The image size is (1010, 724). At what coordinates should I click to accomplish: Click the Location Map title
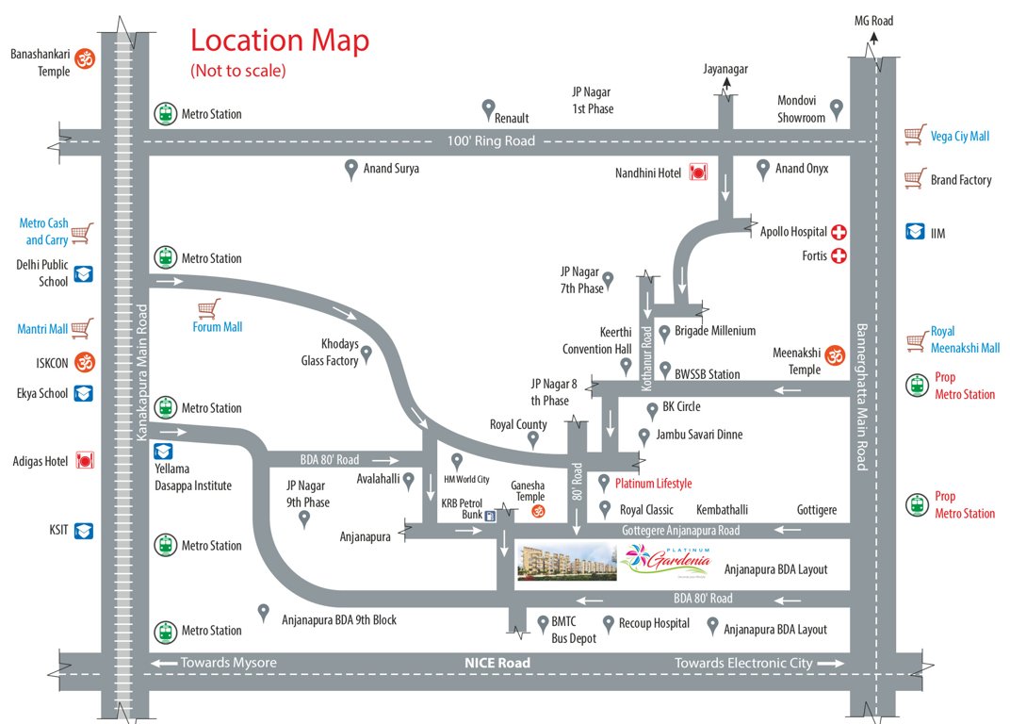(x=280, y=41)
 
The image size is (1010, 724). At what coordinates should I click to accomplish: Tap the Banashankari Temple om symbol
(x=86, y=60)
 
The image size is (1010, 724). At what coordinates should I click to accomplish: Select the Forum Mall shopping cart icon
(x=208, y=308)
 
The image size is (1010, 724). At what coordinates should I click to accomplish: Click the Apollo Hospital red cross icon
(x=838, y=231)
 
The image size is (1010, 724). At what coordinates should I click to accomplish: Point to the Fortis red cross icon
(x=838, y=255)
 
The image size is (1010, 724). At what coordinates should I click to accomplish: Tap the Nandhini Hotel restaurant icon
(x=698, y=173)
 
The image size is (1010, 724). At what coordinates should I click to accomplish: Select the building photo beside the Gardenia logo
(x=566, y=562)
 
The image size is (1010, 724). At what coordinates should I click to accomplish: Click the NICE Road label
(x=497, y=663)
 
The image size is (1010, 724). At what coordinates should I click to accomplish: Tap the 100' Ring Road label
(x=491, y=140)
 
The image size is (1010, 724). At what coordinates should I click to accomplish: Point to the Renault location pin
(x=488, y=108)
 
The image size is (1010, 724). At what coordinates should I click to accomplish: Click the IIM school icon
(x=914, y=230)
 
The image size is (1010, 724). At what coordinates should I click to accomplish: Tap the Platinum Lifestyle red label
(x=653, y=484)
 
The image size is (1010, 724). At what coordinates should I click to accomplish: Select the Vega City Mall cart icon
(x=913, y=135)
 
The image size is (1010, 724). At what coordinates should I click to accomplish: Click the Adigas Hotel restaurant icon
(x=85, y=461)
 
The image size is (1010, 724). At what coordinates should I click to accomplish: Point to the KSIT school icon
(x=84, y=531)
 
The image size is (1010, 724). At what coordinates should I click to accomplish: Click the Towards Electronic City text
(x=743, y=663)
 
